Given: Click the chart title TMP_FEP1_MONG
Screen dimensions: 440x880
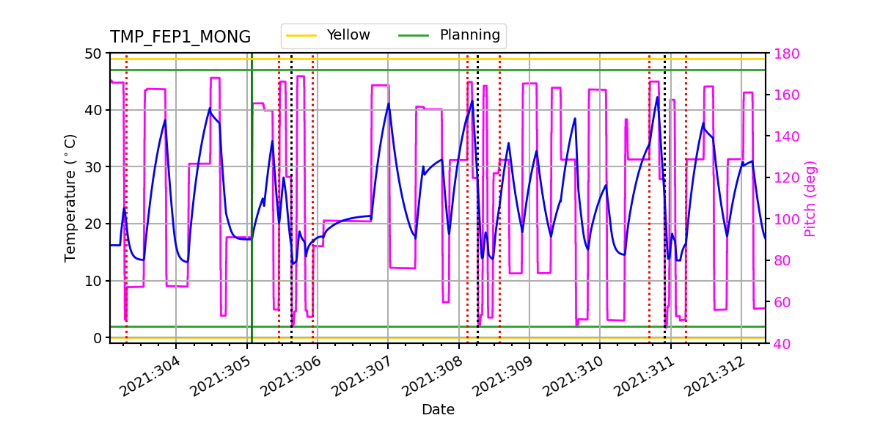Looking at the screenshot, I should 180,37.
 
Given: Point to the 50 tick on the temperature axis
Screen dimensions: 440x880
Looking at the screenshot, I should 95,54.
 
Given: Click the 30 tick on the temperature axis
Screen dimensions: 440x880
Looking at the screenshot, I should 95,167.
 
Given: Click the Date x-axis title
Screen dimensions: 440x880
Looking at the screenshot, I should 438,410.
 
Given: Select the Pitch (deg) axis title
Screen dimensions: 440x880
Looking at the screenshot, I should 810,198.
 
